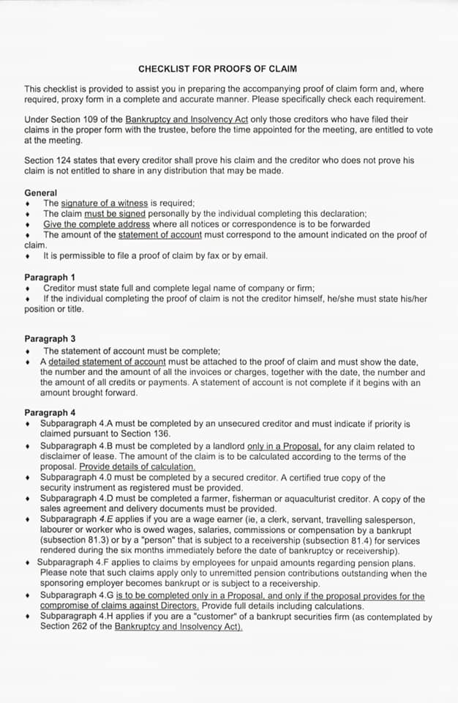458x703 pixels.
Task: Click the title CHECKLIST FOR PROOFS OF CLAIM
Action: [217, 69]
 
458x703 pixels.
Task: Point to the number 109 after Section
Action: [113, 119]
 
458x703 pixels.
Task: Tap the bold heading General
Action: [40, 193]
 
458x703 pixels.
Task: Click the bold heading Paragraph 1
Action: [49, 278]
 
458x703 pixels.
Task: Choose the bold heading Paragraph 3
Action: [49, 339]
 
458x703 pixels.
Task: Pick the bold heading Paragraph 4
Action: [49, 413]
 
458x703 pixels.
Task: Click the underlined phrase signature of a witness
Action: [104, 203]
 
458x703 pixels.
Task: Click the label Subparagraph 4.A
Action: [74, 424]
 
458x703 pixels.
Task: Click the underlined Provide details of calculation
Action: [138, 467]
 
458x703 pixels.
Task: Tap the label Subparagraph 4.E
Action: [74, 520]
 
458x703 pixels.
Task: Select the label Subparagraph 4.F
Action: [71, 563]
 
